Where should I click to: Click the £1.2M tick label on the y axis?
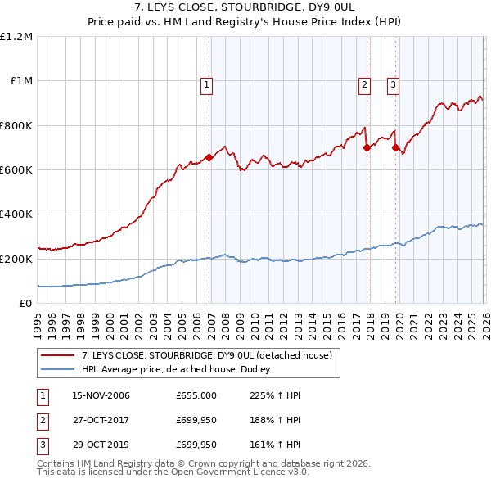pos(16,37)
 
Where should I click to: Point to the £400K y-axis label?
pos(16,214)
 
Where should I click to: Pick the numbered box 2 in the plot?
pos(363,83)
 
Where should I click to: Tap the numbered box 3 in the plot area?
pos(393,83)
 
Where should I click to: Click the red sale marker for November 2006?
pos(209,157)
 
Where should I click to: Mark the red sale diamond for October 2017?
pos(367,147)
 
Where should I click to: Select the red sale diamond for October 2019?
pos(395,147)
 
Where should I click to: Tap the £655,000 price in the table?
pos(196,395)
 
